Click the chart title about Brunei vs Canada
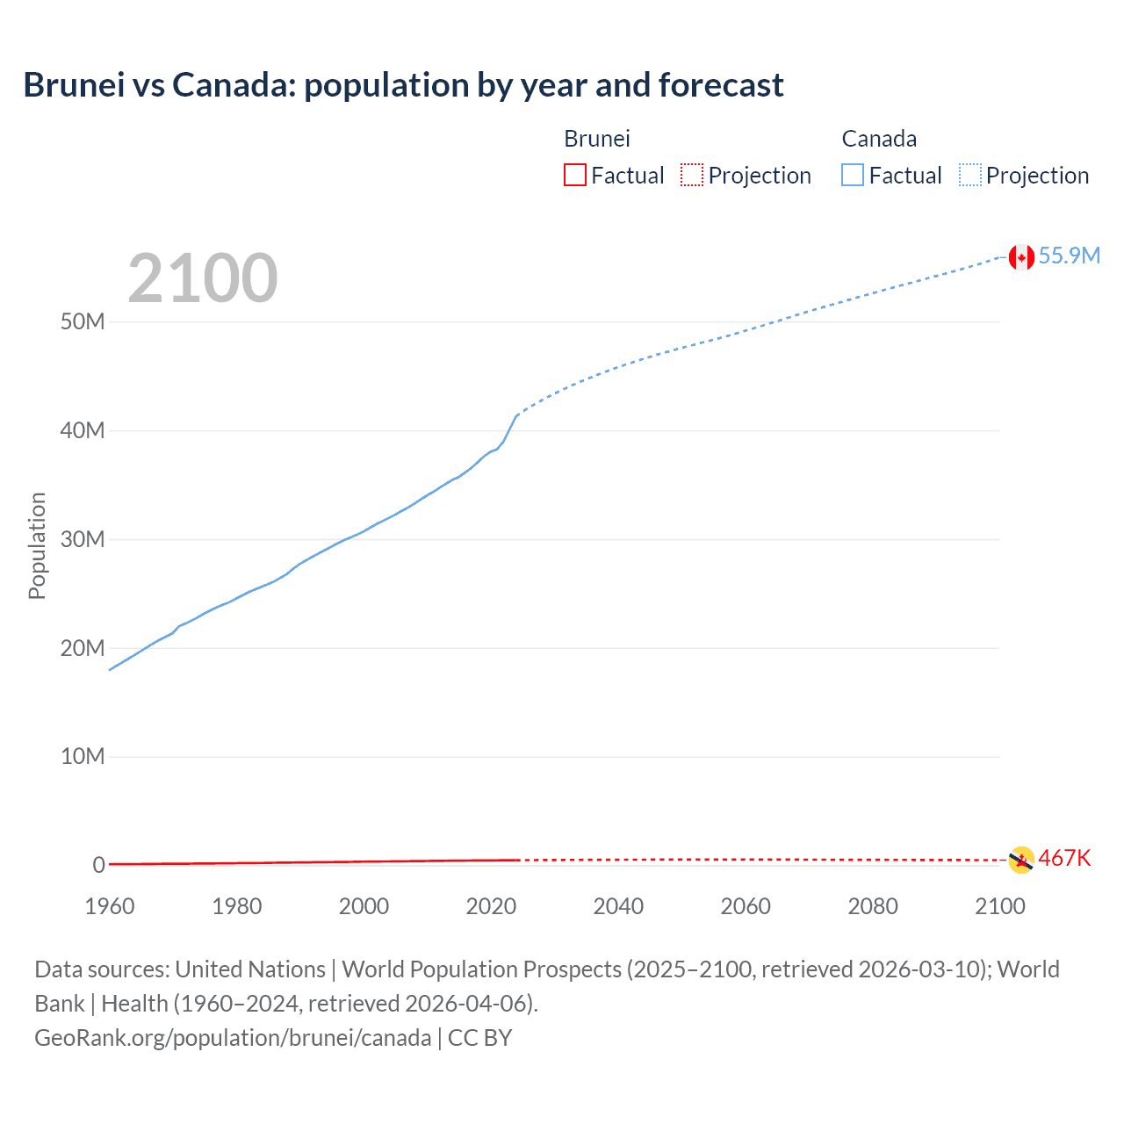click(x=403, y=85)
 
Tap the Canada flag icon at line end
click(x=1020, y=256)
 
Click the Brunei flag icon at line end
click(x=1020, y=860)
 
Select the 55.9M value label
click(x=1069, y=256)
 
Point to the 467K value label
click(x=1064, y=858)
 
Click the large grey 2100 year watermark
click(x=203, y=278)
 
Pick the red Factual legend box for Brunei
click(x=574, y=175)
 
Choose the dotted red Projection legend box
click(x=692, y=175)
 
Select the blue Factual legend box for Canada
click(x=852, y=175)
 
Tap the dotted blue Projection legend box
click(x=970, y=175)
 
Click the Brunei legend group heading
click(x=597, y=139)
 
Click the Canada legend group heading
click(x=879, y=139)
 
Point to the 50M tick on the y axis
click(x=83, y=322)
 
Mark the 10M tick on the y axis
click(x=83, y=756)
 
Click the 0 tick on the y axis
click(x=98, y=865)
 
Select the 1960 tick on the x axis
click(x=110, y=906)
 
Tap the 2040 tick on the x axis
click(x=618, y=906)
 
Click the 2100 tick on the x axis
click(x=999, y=906)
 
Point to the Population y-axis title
click(x=37, y=545)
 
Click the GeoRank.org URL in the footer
click(x=233, y=1038)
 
